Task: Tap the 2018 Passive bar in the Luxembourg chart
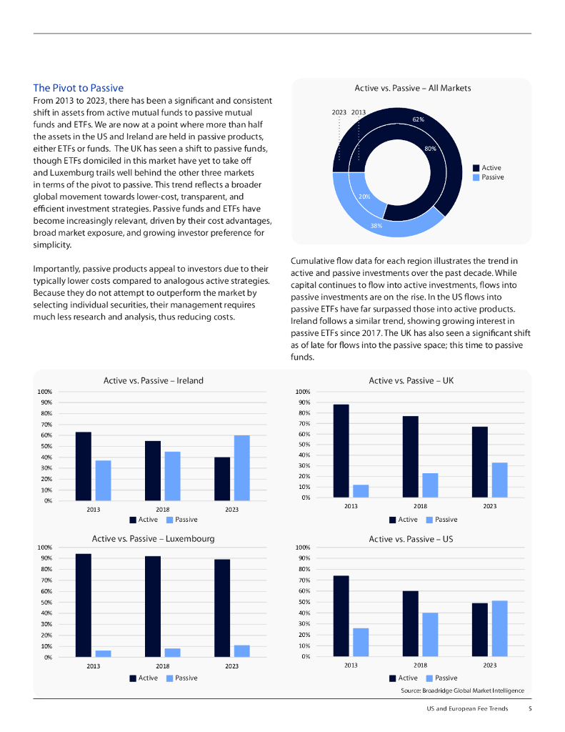point(172,653)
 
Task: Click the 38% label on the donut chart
point(376,226)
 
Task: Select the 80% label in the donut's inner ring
point(430,149)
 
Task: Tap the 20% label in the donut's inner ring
point(364,196)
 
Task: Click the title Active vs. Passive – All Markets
point(413,88)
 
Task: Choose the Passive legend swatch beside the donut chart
point(477,177)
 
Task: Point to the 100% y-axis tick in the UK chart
point(303,392)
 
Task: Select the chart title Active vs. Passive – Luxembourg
point(153,538)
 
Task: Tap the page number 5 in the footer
point(530,709)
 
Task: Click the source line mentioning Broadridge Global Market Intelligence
point(462,691)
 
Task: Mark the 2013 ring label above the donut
point(359,112)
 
